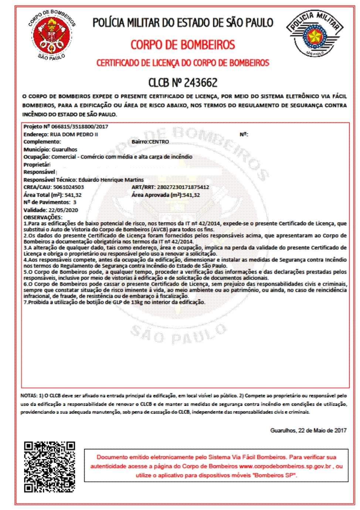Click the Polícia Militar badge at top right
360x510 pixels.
point(315,34)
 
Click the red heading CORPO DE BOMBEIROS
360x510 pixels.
point(183,45)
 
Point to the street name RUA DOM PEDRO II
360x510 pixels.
point(74,134)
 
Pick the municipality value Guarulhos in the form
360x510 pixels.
point(64,149)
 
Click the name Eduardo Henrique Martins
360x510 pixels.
point(111,180)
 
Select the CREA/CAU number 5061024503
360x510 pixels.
point(68,187)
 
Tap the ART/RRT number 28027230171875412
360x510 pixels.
point(183,187)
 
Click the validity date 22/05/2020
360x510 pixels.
point(63,210)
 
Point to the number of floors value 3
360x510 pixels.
point(75,202)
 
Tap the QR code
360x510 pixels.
point(50,467)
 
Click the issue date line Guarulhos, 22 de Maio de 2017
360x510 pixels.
point(308,430)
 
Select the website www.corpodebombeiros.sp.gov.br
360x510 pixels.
point(285,466)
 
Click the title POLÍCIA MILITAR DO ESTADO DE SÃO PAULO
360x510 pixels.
point(183,23)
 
